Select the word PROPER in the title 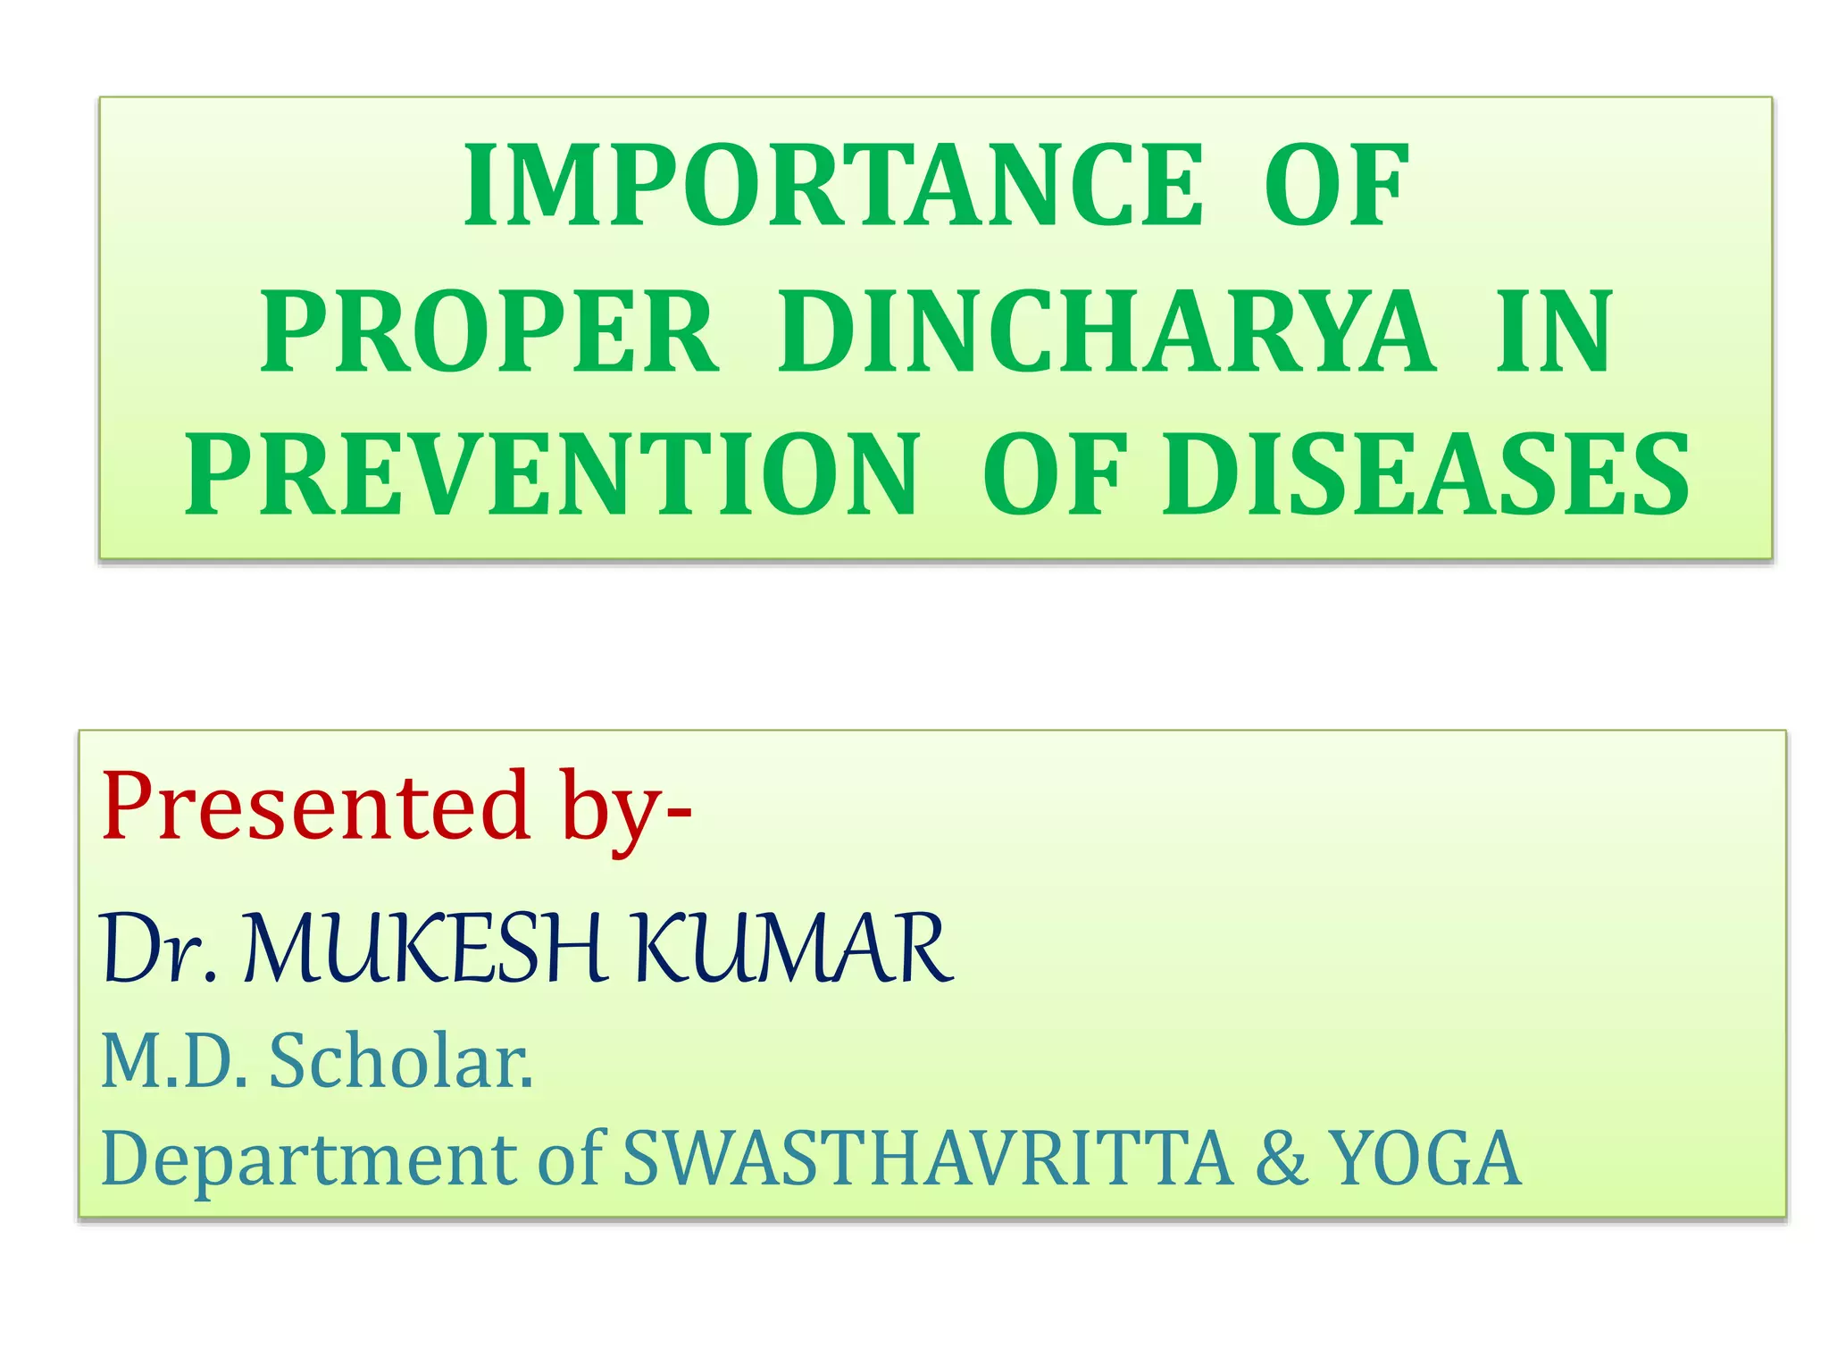pos(489,331)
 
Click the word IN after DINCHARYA pos(1554,331)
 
